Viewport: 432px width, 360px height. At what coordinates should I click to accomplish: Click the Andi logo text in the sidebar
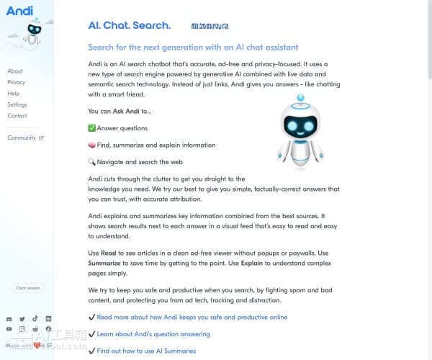coord(19,10)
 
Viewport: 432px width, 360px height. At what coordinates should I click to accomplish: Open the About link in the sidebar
coord(15,71)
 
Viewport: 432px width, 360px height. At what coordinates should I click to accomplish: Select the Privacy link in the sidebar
coord(16,82)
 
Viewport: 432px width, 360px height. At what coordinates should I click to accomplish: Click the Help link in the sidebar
coord(14,94)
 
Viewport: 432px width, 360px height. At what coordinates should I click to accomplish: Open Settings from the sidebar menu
coord(17,104)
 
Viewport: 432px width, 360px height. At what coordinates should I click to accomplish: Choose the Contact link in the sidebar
coord(17,115)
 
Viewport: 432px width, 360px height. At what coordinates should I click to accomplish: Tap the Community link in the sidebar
coord(22,138)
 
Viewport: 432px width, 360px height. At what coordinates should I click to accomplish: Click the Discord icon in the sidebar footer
coord(9,318)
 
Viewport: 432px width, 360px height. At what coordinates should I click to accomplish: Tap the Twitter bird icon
coord(22,318)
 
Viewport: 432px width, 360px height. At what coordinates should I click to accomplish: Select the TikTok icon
coord(35,318)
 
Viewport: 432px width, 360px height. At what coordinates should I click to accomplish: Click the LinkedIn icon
coord(48,318)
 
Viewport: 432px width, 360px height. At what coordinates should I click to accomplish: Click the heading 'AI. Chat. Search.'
coord(130,26)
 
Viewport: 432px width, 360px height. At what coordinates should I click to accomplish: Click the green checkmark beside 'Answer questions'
coord(91,128)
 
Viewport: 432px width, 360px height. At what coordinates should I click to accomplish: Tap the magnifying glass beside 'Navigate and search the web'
coord(91,162)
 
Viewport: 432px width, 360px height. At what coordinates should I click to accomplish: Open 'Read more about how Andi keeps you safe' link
coord(192,317)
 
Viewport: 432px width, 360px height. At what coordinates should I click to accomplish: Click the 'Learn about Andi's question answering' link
coord(153,334)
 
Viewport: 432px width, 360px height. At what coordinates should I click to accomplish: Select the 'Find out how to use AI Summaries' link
coord(146,351)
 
